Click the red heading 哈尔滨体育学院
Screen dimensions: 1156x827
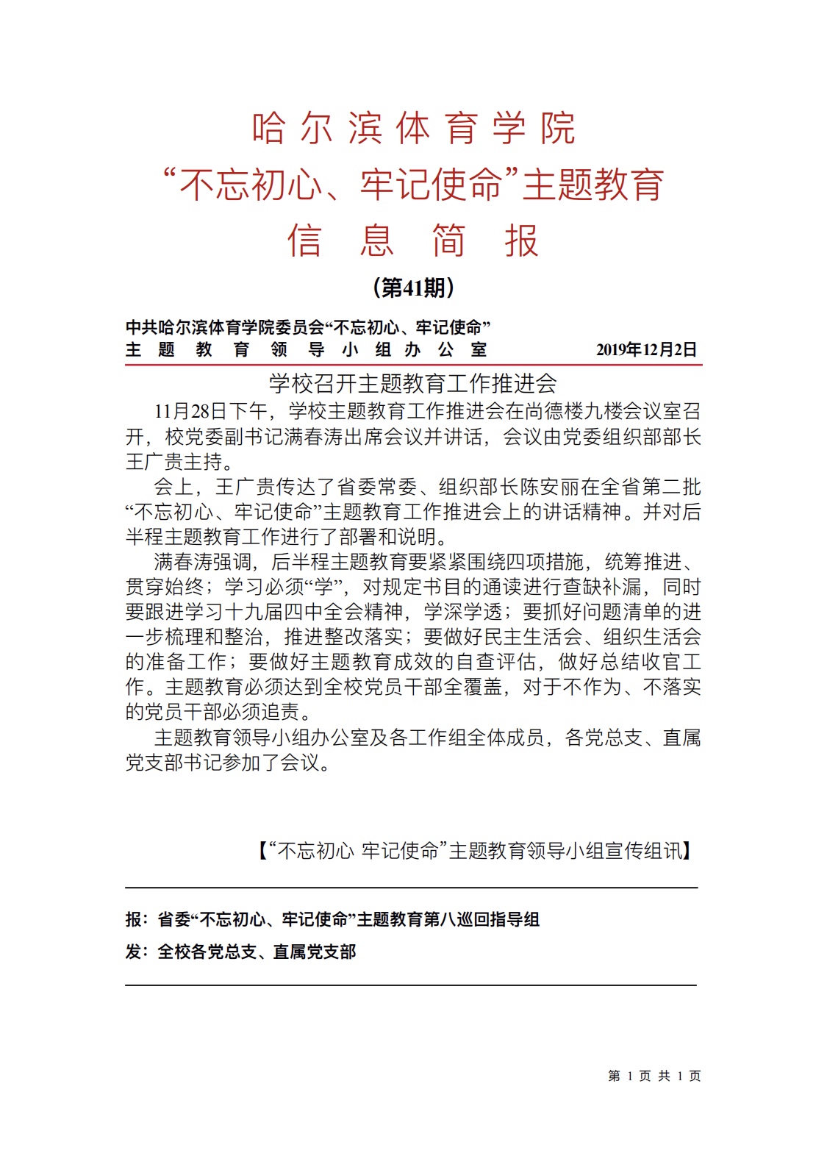413,129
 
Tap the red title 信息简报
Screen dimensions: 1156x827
413,240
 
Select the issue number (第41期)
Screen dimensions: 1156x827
413,288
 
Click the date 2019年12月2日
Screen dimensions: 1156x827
646,349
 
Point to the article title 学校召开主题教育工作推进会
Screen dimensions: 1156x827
413,383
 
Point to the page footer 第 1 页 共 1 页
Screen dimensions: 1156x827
654,1076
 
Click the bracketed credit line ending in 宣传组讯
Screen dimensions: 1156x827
474,851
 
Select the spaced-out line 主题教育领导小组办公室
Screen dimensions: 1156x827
306,350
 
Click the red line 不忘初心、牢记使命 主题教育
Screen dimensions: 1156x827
413,185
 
